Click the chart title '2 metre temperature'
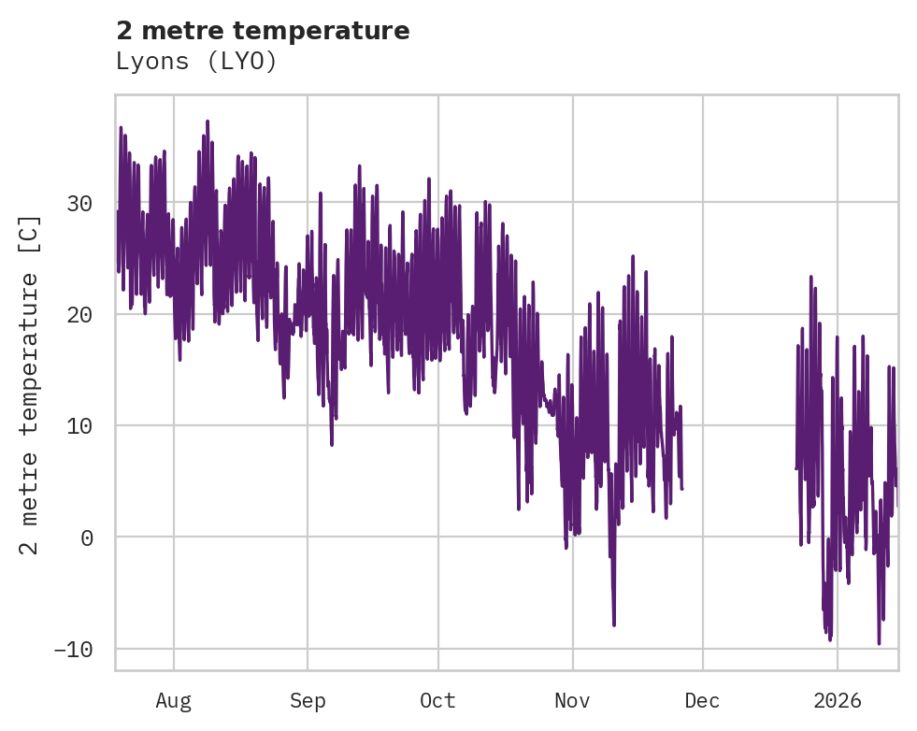click(x=263, y=31)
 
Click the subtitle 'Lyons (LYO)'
click(x=196, y=62)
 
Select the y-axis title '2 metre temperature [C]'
click(x=31, y=384)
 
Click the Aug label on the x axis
click(x=173, y=700)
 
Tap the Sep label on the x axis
click(x=307, y=700)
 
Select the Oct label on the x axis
click(x=437, y=700)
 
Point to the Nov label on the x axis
click(x=572, y=700)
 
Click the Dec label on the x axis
click(x=702, y=700)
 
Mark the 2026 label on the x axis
click(x=837, y=700)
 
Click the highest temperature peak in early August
click(x=207, y=122)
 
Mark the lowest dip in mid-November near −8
click(x=614, y=624)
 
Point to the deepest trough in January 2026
click(x=879, y=642)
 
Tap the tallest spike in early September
click(x=321, y=193)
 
